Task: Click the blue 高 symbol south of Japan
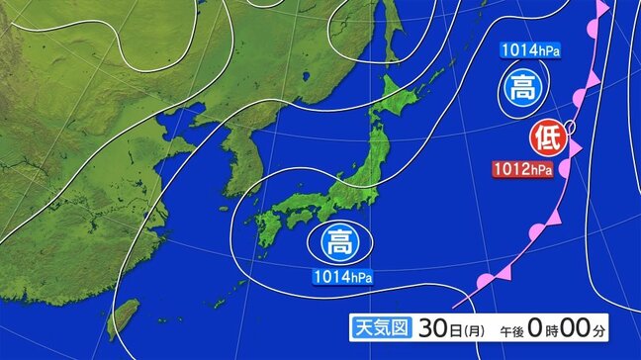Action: tap(340, 241)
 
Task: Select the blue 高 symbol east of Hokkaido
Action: tap(520, 88)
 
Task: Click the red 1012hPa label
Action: tap(523, 170)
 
